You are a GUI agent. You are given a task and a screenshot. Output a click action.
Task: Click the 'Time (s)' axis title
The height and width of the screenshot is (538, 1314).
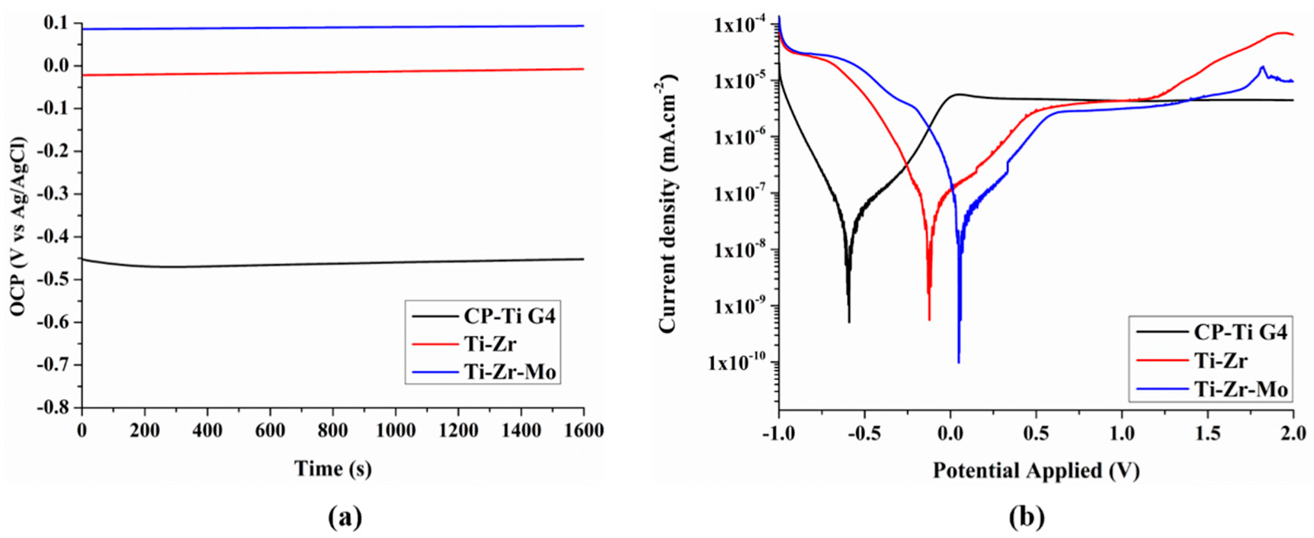333,468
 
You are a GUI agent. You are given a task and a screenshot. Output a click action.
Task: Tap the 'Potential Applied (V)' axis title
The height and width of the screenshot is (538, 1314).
1036,470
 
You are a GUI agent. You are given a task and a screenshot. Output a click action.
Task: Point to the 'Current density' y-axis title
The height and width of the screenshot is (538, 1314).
668,204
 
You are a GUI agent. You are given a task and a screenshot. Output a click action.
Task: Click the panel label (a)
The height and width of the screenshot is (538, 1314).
345,517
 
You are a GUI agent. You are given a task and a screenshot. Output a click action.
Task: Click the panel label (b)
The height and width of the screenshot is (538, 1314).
1026,517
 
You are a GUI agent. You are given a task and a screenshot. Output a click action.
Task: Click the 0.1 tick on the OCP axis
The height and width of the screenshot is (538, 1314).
57,24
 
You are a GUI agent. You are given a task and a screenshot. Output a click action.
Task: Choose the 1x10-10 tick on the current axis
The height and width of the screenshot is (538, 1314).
737,362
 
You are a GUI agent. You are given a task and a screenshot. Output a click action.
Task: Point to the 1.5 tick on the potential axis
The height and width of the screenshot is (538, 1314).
1207,433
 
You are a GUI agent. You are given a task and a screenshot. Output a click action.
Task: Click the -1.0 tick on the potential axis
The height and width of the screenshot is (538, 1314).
777,433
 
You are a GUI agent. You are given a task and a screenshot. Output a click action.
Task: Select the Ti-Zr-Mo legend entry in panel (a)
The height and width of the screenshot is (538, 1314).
509,372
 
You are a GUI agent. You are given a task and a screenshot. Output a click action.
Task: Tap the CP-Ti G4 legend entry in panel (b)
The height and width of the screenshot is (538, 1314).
1239,332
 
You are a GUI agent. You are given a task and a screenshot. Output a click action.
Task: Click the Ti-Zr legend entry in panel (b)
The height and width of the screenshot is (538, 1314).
1219,360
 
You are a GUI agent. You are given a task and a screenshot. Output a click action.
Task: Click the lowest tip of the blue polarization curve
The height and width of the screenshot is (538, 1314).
958,362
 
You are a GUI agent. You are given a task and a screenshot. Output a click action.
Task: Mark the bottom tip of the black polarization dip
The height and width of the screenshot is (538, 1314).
848,321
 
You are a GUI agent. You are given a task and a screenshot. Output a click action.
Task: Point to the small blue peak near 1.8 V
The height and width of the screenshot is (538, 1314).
1262,66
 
